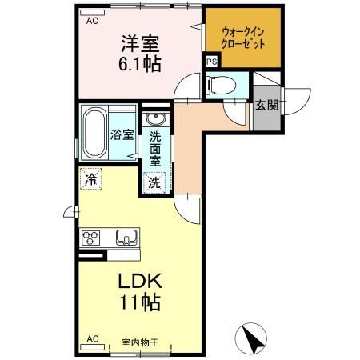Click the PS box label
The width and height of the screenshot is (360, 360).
coord(211,62)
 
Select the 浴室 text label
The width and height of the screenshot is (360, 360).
coord(122,135)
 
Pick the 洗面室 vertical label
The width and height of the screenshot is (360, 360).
coord(155,148)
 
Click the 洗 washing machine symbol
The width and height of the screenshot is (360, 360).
coord(154,182)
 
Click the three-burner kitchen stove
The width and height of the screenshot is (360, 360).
coord(90,238)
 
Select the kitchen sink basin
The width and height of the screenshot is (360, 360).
coord(127,238)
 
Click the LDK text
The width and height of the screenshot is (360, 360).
coord(142,282)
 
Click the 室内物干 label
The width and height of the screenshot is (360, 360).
coord(140,342)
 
